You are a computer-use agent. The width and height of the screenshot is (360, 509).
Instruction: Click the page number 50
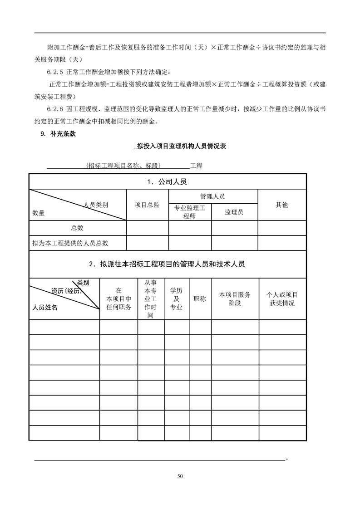pos(180,476)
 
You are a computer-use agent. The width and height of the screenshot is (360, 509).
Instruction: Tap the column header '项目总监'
pos(147,205)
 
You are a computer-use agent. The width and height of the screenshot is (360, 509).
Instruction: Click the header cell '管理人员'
pos(212,196)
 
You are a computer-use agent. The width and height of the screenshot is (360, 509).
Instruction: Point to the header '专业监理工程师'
pos(190,212)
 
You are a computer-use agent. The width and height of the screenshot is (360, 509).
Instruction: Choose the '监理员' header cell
pos(234,212)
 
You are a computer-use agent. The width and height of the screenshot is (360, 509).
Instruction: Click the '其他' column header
pos(281,205)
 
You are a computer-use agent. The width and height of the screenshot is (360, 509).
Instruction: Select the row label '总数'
pos(77,228)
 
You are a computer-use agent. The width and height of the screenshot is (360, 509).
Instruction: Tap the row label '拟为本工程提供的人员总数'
pos(70,243)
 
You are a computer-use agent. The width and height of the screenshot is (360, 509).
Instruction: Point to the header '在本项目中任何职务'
pos(118,299)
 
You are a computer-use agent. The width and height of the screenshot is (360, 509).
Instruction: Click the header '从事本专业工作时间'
pos(150,299)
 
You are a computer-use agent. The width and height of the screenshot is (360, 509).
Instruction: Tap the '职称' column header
pos(200,299)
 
